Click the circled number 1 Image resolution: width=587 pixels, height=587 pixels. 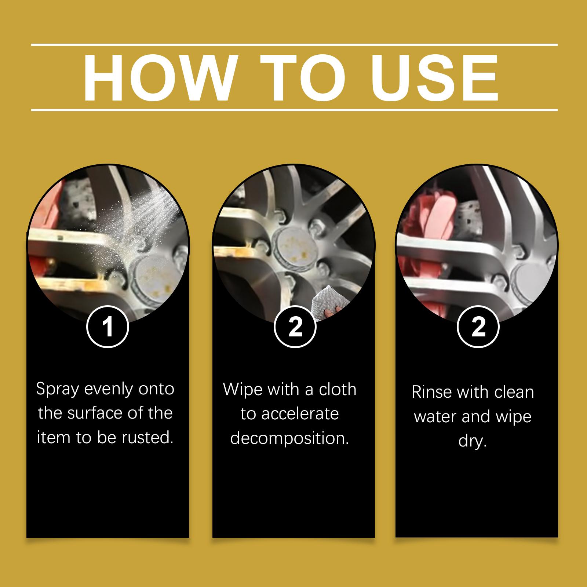(108, 327)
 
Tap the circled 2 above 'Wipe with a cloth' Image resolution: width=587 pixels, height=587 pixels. (295, 327)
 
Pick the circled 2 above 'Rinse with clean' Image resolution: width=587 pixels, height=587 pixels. (478, 326)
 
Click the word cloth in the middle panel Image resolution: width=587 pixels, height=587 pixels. (337, 389)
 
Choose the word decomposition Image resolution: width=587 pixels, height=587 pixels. (289, 438)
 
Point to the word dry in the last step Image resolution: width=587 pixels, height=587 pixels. (473, 441)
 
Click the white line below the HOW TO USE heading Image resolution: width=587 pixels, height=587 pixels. (294, 110)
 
